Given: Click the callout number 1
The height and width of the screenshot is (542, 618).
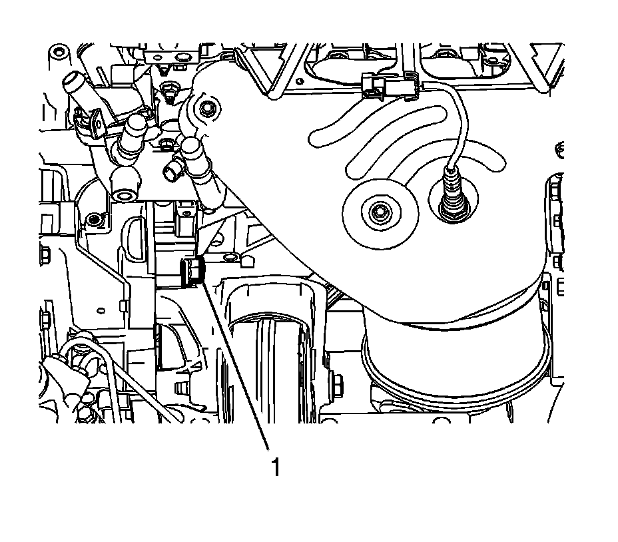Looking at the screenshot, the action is coord(274,467).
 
